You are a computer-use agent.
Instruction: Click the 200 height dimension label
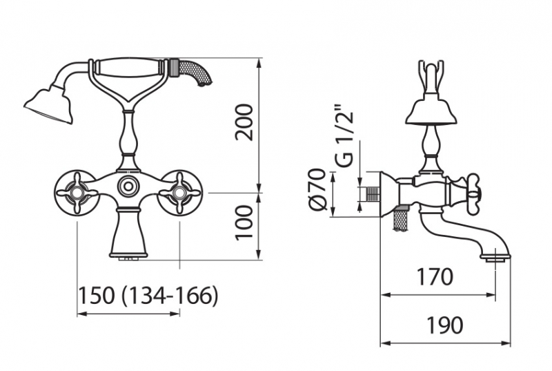[x=244, y=122]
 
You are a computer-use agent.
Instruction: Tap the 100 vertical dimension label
[x=244, y=223]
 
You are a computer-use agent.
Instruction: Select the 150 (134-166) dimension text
[x=148, y=295]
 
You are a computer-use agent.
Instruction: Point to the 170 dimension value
[x=435, y=276]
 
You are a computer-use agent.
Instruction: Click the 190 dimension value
[x=444, y=325]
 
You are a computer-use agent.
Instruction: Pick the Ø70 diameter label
[x=317, y=189]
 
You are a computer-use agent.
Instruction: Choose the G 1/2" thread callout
[x=344, y=135]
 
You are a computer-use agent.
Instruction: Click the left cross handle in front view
[x=77, y=192]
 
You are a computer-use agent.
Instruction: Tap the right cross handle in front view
[x=179, y=192]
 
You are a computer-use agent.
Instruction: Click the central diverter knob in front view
[x=128, y=186]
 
